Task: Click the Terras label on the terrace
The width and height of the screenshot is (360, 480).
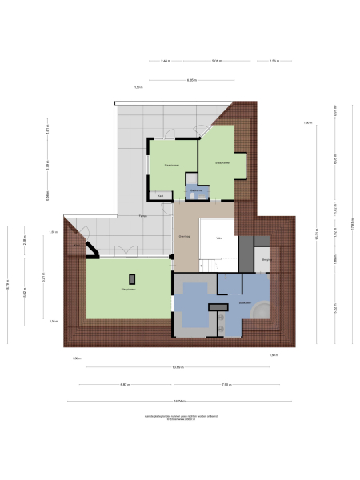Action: click(142, 217)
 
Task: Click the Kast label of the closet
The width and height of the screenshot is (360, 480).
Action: click(161, 195)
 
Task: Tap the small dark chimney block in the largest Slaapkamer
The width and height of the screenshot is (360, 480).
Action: click(133, 278)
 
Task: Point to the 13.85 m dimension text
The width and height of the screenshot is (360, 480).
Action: click(180, 368)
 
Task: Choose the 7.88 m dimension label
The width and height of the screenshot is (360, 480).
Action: click(226, 385)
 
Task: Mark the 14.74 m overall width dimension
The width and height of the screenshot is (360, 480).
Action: click(180, 401)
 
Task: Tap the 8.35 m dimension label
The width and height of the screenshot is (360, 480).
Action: click(192, 79)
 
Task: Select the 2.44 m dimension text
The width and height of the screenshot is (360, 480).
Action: click(165, 61)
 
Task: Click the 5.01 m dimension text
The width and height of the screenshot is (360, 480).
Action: click(216, 61)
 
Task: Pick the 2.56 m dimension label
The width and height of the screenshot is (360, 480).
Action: click(273, 61)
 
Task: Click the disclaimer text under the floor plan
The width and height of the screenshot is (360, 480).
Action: click(180, 418)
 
